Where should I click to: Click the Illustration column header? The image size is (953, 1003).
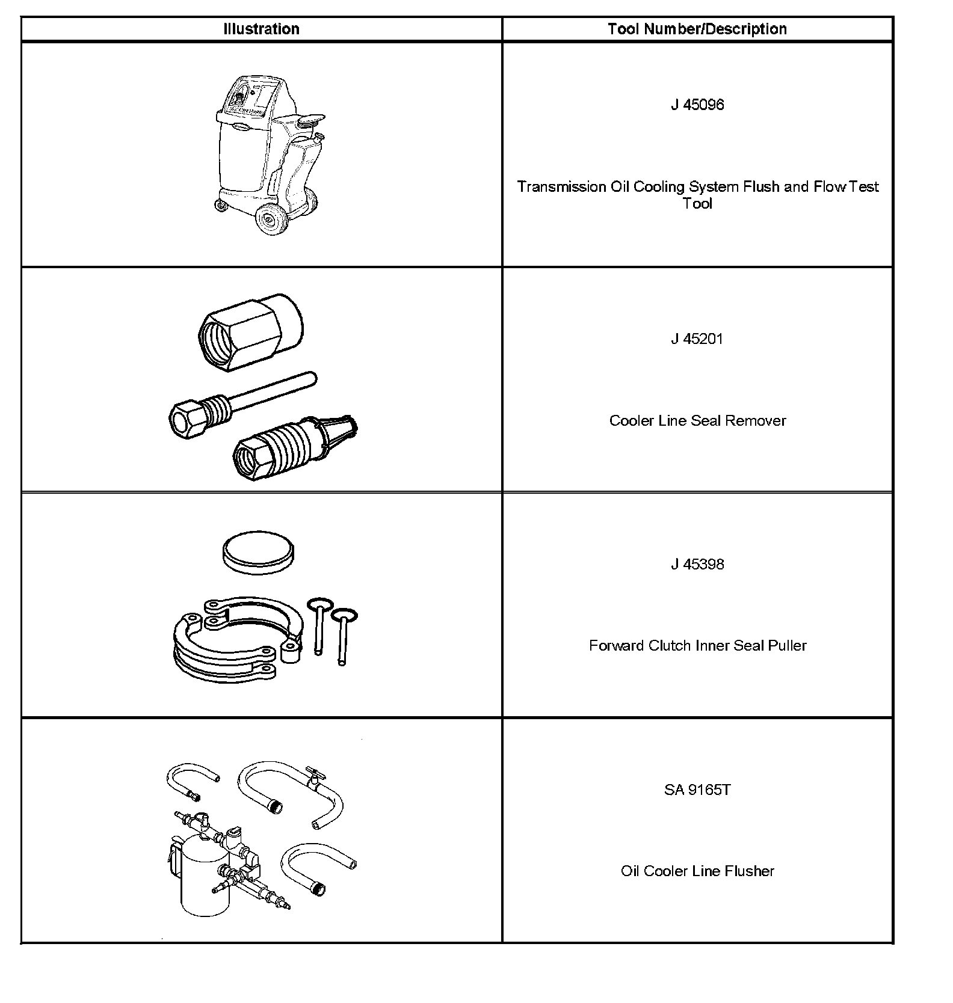point(261,29)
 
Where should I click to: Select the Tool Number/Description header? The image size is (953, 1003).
point(697,29)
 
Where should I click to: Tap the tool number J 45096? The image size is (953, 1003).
point(697,105)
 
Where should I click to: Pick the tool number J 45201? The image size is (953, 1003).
point(697,339)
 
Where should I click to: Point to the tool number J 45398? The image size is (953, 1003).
point(697,564)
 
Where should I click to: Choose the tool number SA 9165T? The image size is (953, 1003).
point(697,790)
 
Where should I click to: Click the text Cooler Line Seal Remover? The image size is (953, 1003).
point(697,420)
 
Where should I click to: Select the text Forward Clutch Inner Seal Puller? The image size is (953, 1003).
point(697,645)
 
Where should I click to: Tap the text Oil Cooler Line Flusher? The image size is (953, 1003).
point(697,871)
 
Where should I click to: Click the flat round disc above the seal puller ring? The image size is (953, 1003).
point(259,553)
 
